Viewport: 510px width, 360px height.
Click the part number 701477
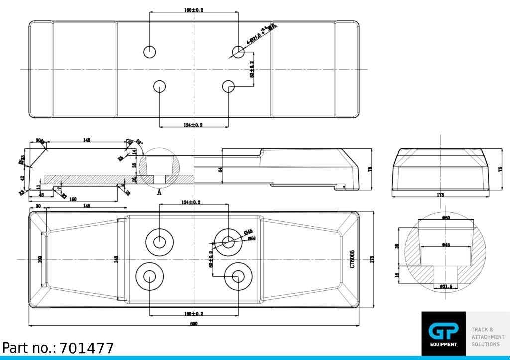pyautogui.click(x=87, y=348)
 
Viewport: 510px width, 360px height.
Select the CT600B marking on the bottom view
pyautogui.click(x=352, y=259)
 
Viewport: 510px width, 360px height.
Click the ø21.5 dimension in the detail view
pyautogui.click(x=446, y=287)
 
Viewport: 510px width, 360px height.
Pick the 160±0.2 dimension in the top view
pyautogui.click(x=194, y=10)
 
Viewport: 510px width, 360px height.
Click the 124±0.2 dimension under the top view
pyautogui.click(x=193, y=125)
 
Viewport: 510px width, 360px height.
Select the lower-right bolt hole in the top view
pyautogui.click(x=228, y=86)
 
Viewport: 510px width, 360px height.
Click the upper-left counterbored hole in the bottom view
pyautogui.click(x=159, y=242)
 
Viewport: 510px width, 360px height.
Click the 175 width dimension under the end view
pyautogui.click(x=440, y=195)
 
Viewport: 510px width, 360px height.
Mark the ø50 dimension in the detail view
pyautogui.click(x=446, y=218)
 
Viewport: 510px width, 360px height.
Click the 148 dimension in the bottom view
pyautogui.click(x=116, y=259)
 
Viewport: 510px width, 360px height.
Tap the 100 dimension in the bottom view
pyautogui.click(x=40, y=259)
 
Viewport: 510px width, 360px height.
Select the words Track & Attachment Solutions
pyautogui.click(x=488, y=337)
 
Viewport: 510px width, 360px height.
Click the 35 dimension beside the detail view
pyautogui.click(x=397, y=246)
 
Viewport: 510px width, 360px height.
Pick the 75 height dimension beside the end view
pyautogui.click(x=500, y=169)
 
